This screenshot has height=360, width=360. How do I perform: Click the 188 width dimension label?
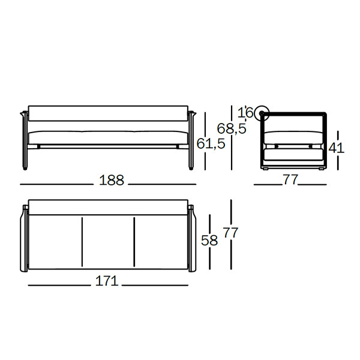[112, 180]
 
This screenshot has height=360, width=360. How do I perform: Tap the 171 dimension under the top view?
[107, 281]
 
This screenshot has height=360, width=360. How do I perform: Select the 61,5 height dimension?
[211, 144]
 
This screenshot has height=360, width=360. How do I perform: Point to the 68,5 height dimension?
[232, 128]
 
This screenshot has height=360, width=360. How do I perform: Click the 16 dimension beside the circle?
[245, 113]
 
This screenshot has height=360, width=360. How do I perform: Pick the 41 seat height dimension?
[337, 148]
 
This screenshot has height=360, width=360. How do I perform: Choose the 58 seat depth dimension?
[209, 241]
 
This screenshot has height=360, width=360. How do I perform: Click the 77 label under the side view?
[290, 179]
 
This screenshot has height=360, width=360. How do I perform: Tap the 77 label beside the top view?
[231, 233]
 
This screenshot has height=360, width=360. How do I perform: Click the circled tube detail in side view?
[262, 113]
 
